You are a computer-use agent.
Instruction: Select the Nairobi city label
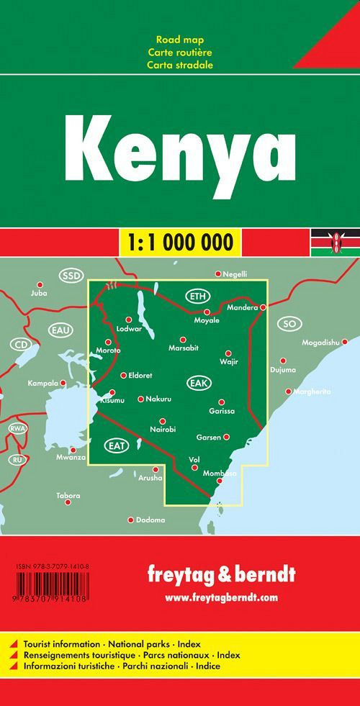[163, 430]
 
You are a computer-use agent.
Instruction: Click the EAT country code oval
[117, 445]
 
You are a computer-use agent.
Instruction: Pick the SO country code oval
[290, 323]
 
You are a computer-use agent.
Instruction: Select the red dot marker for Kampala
[63, 383]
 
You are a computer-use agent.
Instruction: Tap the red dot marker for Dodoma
[130, 520]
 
